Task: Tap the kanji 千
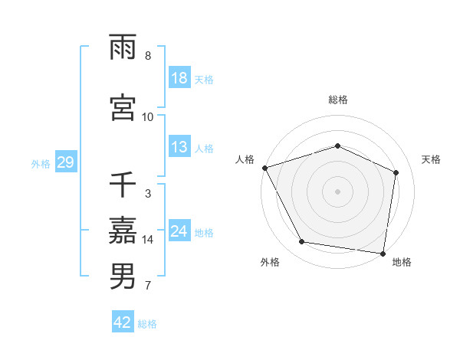[123, 185]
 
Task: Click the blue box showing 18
[179, 78]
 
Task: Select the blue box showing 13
[179, 147]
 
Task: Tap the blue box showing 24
[179, 231]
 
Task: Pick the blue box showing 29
[65, 162]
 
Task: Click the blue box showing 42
[123, 322]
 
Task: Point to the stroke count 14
[149, 240]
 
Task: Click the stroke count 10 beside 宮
[148, 116]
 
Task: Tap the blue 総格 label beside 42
[147, 323]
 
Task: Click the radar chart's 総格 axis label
[337, 100]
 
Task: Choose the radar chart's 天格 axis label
[431, 159]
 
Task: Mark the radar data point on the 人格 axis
[264, 168]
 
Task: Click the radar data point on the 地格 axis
[383, 253]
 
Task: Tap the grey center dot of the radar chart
[337, 191]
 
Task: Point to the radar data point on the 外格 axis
[302, 242]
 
